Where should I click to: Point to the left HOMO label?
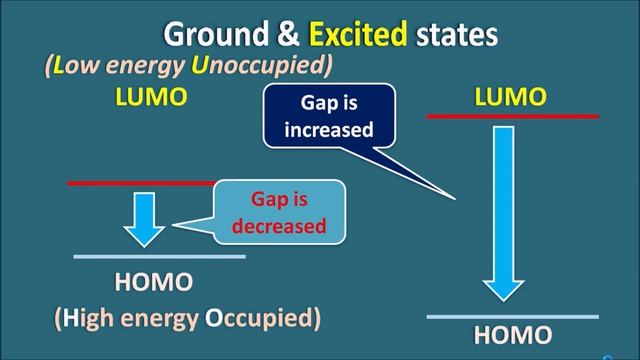pos(153,282)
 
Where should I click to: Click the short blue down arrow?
pos(146,218)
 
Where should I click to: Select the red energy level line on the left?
pos(140,183)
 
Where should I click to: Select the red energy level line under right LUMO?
pos(512,116)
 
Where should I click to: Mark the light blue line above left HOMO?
pos(159,257)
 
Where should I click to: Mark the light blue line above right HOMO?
pos(512,316)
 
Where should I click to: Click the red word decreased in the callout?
pos(279,225)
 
